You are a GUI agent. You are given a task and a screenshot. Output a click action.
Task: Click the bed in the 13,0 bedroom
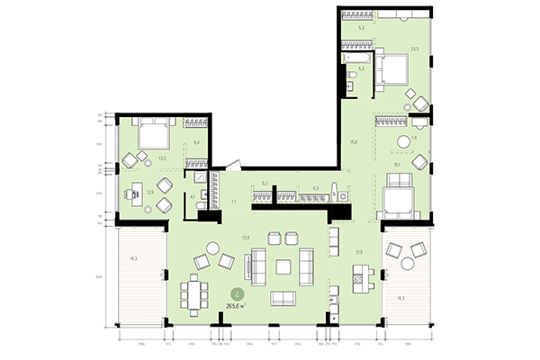point(152,135)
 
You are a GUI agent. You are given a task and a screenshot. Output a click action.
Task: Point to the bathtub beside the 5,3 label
point(351,56)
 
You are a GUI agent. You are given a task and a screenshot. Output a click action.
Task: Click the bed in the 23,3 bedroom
point(394,67)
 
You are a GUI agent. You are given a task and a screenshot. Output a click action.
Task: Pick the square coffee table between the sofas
point(283,267)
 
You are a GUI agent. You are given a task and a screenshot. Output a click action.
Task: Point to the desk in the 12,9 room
point(134,190)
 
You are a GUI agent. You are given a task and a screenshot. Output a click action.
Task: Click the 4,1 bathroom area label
point(193,196)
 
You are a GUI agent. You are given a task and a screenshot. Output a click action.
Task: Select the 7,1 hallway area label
point(232,202)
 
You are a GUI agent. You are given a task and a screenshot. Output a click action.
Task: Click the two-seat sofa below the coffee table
point(283,299)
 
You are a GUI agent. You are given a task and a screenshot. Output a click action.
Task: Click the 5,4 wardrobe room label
point(197,142)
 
